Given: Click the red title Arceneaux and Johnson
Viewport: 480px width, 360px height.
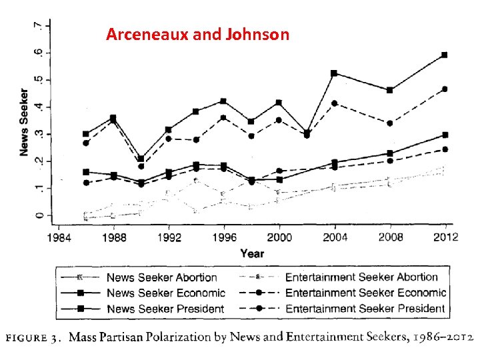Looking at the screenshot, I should (x=197, y=34).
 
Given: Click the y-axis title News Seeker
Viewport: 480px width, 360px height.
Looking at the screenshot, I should (x=25, y=123).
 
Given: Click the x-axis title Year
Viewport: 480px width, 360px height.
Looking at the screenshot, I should (x=252, y=253).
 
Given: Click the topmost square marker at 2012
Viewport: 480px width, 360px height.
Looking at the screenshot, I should (x=445, y=55).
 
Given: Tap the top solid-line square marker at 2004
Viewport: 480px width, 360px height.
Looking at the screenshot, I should (x=334, y=73).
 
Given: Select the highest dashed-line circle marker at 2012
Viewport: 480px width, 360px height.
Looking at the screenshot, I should (x=445, y=89).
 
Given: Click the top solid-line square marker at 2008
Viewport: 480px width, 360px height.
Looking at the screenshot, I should (x=389, y=90).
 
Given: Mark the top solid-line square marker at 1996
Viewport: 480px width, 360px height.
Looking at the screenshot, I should (x=223, y=101).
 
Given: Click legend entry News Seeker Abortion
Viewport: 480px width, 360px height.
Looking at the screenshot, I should (x=162, y=277).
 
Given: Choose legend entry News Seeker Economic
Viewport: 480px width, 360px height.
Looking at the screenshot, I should (x=165, y=293).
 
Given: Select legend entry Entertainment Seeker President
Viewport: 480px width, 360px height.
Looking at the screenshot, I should (x=365, y=308).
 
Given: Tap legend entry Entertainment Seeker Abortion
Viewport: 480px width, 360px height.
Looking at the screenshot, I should (x=361, y=277).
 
